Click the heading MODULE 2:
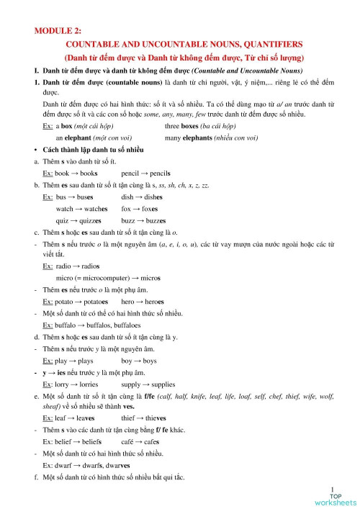click(58, 30)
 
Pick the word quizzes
click(96, 220)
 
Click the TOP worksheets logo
click(335, 498)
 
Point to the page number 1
click(333, 487)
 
